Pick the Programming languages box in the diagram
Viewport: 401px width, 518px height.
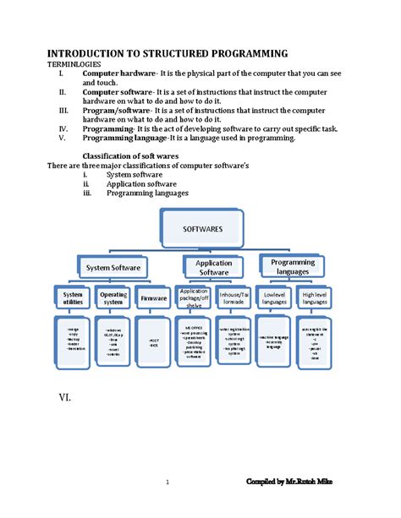(x=293, y=267)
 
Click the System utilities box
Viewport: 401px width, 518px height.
(x=73, y=298)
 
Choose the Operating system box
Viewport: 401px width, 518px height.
(x=113, y=298)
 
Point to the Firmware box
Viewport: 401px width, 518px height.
(x=153, y=298)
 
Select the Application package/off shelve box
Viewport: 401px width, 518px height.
(x=193, y=298)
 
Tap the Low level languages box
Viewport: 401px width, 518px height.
(x=274, y=298)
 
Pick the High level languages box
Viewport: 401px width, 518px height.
(x=314, y=298)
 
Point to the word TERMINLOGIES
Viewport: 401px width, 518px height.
(x=74, y=64)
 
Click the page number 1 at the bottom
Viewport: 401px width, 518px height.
(x=168, y=483)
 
